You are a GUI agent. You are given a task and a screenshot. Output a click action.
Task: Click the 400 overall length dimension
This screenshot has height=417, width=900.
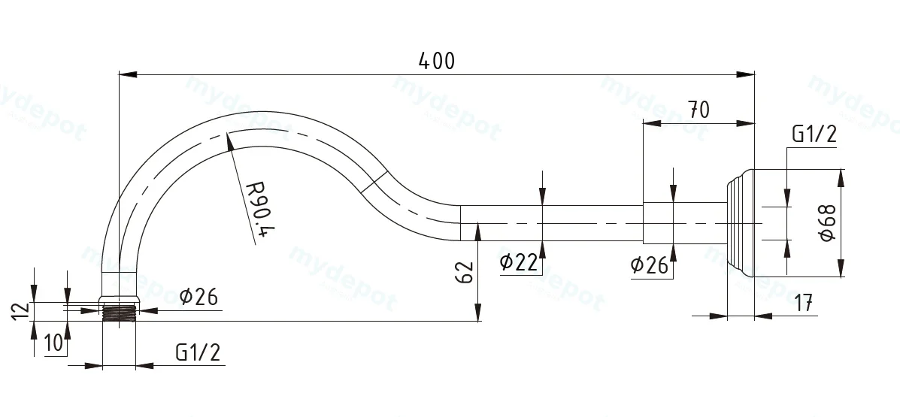[x=437, y=61]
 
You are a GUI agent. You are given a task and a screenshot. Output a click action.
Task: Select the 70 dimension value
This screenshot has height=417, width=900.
[x=698, y=110]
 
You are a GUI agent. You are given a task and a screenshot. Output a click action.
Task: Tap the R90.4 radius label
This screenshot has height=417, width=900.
[x=260, y=212]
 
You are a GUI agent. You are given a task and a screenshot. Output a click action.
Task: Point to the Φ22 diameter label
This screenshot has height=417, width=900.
[x=519, y=262]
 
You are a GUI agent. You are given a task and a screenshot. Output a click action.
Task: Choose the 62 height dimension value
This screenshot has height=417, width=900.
[x=465, y=273]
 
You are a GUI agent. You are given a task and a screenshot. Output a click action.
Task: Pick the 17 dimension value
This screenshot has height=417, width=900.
[x=805, y=303]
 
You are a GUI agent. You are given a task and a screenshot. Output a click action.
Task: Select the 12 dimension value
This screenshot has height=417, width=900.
[x=20, y=312]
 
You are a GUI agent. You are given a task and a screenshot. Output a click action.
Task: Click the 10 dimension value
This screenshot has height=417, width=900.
[x=53, y=343]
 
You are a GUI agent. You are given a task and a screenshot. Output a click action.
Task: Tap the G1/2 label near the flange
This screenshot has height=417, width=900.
[x=814, y=134]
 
